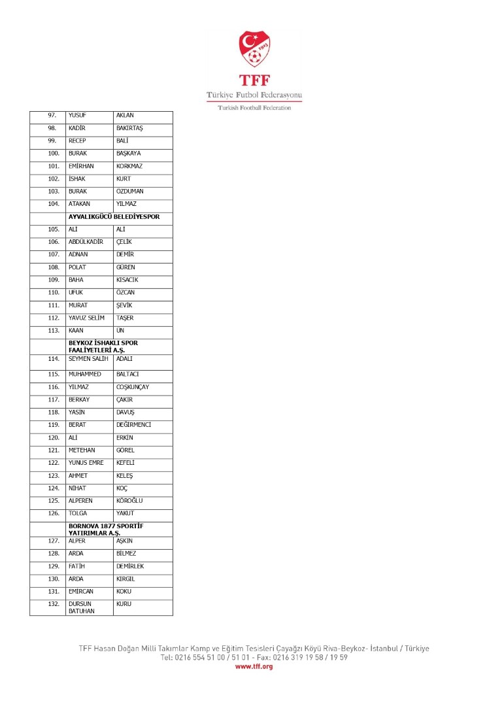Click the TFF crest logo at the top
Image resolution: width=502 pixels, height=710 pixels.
coord(254,48)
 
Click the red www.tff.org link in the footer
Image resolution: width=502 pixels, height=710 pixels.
coord(254,666)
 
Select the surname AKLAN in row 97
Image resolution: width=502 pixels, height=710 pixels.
coord(125,116)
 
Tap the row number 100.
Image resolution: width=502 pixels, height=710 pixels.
coord(54,154)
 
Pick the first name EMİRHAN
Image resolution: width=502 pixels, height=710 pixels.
coord(81,166)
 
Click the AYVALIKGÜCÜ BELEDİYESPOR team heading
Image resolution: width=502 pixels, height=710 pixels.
coord(114,216)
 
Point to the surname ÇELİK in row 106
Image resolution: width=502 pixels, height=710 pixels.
coord(124,242)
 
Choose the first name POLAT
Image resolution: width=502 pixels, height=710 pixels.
coord(77,267)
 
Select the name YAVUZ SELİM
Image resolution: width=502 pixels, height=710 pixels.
coord(86,318)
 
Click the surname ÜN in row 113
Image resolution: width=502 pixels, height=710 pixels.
coord(120,331)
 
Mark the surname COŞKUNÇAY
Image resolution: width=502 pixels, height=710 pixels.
coord(133,387)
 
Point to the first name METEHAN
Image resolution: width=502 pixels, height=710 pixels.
coord(82,450)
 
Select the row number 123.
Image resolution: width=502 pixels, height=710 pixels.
coord(54,476)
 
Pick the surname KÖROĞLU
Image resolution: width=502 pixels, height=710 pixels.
coord(129,501)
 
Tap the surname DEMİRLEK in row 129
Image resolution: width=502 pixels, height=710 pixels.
coord(130,567)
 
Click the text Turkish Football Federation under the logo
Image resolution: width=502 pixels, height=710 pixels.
coord(254,108)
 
